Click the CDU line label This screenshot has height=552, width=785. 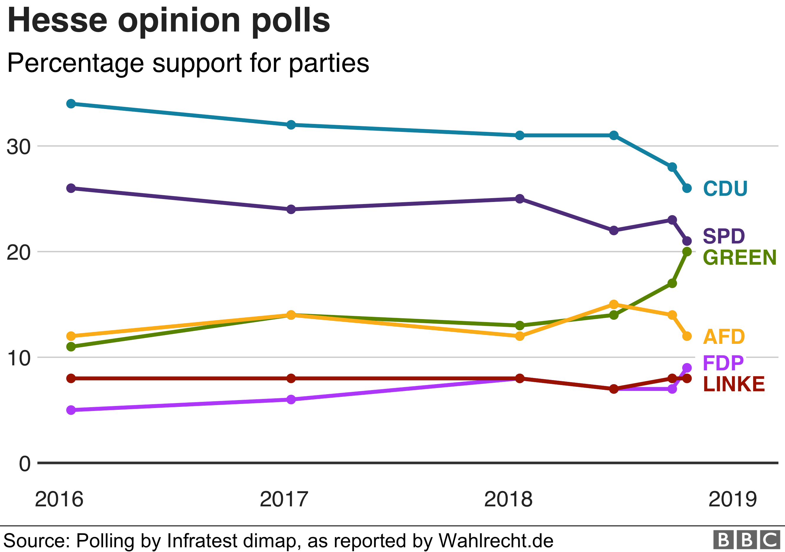[x=725, y=188]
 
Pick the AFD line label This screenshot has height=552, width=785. [x=724, y=337]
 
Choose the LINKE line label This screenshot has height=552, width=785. [x=734, y=384]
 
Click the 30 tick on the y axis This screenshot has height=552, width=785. [x=19, y=147]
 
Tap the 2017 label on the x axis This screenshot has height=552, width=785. [x=284, y=499]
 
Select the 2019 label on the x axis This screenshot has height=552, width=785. [x=733, y=499]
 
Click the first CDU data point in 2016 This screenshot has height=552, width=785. [x=71, y=104]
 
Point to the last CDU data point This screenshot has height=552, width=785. [x=687, y=188]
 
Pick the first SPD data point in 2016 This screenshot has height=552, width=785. [x=71, y=188]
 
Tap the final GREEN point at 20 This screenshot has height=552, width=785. [x=687, y=251]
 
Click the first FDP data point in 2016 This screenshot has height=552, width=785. [x=71, y=410]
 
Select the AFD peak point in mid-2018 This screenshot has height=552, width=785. [x=614, y=304]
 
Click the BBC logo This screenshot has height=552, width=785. [x=747, y=540]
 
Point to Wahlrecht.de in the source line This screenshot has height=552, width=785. [x=496, y=541]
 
